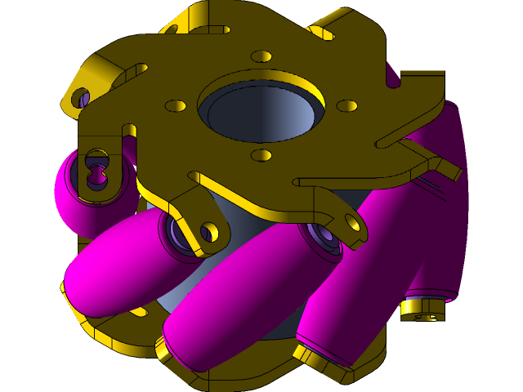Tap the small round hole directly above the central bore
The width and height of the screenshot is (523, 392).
click(x=261, y=56)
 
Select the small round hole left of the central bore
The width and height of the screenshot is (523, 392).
click(x=176, y=106)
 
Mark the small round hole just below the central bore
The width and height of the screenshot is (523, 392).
click(x=261, y=154)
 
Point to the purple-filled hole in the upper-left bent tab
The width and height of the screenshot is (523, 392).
click(x=83, y=99)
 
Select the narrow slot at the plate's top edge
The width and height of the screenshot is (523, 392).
click(x=209, y=29)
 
